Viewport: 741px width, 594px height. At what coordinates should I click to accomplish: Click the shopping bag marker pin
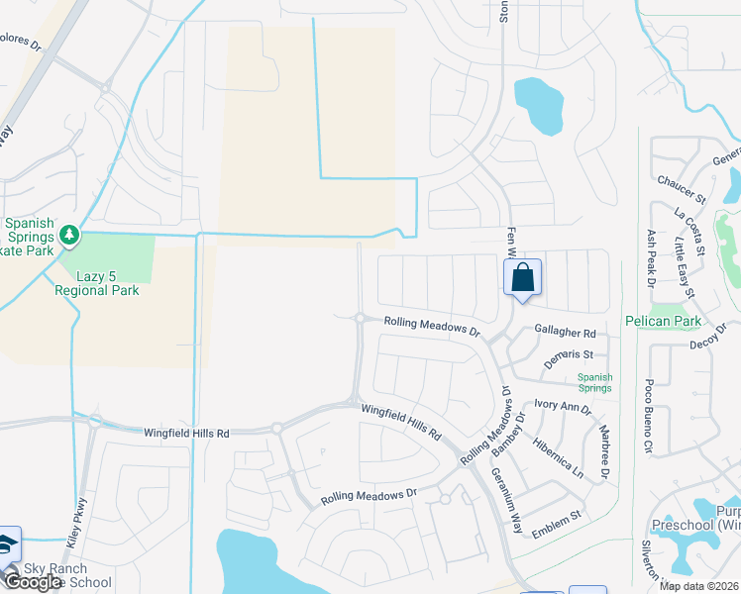pos(523,278)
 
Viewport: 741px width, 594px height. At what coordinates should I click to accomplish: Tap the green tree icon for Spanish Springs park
pos(68,236)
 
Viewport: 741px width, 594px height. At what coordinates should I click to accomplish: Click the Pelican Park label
pos(663,321)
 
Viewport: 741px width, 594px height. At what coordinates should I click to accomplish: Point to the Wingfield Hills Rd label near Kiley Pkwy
pos(186,434)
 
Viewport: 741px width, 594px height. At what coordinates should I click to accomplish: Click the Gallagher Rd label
pos(565,334)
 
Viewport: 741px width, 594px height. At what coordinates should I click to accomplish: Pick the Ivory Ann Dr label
pos(562,406)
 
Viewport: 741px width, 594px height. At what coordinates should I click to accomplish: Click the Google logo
pos(32,582)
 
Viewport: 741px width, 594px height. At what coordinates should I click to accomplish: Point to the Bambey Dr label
pos(506,435)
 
